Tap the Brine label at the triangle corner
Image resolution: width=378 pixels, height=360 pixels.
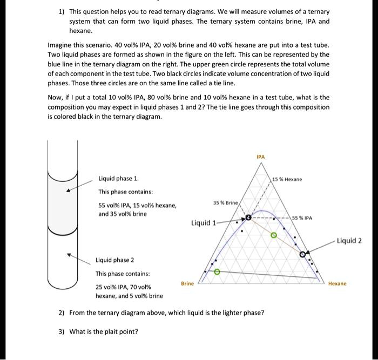coord(187,283)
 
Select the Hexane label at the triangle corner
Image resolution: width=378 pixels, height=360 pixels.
coord(338,283)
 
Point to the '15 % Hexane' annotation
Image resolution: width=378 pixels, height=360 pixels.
coord(287,179)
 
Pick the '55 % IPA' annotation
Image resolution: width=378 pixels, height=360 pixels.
coord(303,218)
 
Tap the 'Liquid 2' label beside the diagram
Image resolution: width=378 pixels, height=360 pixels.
coord(349,241)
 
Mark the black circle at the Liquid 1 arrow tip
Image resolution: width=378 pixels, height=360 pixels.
coord(249,218)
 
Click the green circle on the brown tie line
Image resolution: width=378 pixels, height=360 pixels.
coord(274,235)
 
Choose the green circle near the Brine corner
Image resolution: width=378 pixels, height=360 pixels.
coord(217,271)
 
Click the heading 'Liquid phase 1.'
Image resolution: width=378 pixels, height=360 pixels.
coord(118,178)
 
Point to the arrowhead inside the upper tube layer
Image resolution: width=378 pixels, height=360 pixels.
coord(68,190)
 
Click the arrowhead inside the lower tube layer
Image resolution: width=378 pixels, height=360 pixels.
coord(68,255)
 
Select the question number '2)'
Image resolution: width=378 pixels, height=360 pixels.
coord(62,313)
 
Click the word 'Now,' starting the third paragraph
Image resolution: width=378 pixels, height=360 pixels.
coord(56,97)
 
